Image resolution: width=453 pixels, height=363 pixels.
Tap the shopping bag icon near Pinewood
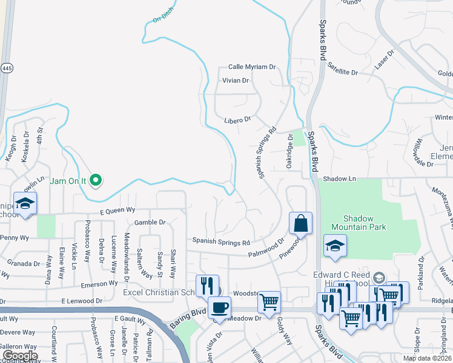pos(300,224)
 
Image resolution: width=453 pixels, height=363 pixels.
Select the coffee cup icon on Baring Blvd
pos(219,308)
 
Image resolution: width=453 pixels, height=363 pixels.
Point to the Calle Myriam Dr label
pos(252,67)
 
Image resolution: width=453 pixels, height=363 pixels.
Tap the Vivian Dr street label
pos(236,80)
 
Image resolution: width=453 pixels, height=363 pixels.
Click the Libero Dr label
pos(237,120)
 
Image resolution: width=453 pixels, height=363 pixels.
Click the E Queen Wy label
pos(117,211)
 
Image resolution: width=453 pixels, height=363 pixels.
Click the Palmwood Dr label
pos(266,249)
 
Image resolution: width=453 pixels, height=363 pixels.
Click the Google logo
pos(19,356)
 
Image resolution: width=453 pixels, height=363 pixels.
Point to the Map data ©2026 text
pos(427,358)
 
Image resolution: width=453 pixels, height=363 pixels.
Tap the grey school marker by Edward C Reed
pos(379,278)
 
